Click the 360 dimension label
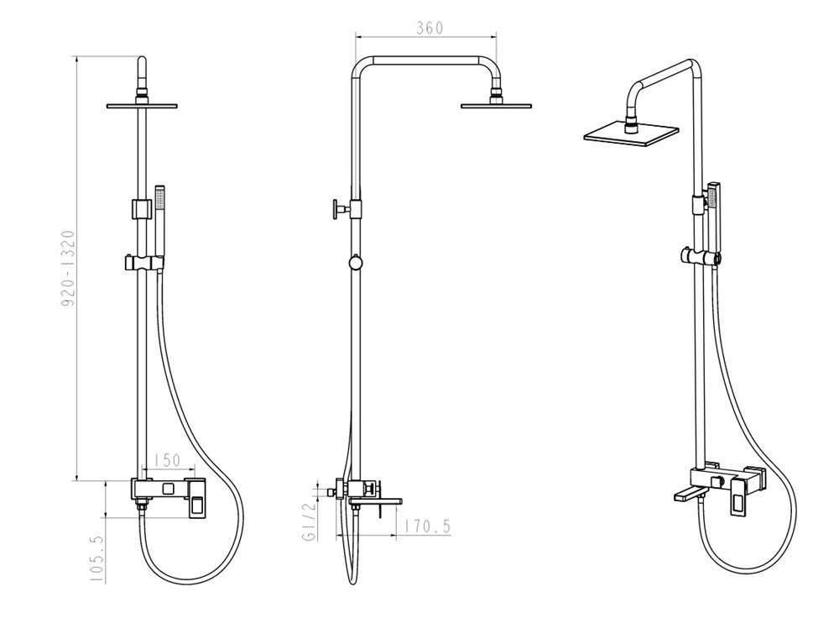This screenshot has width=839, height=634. [x=430, y=28]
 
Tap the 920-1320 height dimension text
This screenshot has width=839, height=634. [x=67, y=269]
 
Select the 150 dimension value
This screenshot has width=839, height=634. [x=167, y=460]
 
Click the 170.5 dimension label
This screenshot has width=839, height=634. [x=427, y=527]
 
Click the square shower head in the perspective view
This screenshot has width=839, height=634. [x=632, y=134]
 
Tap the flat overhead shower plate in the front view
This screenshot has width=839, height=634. [x=142, y=106]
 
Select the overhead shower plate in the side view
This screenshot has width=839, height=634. [x=497, y=106]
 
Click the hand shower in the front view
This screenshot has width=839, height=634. [x=159, y=224]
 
